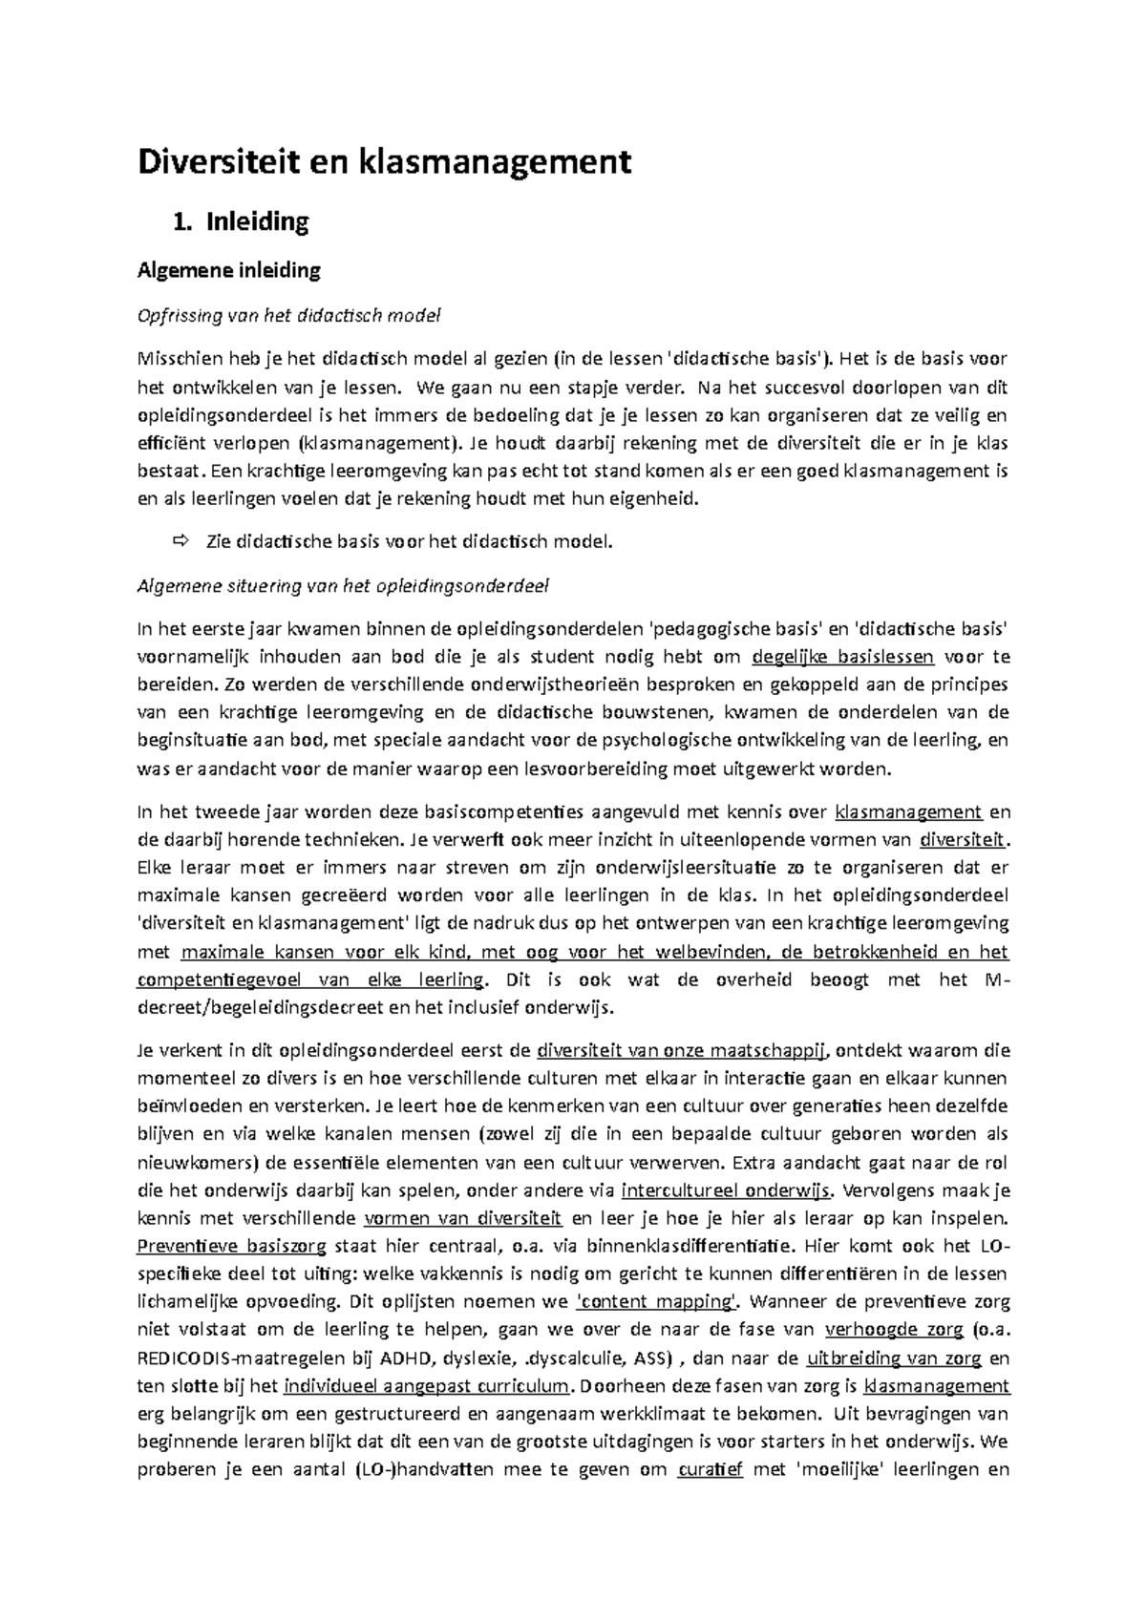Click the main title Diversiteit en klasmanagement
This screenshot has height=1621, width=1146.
(384, 162)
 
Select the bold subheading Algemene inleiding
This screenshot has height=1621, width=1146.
(229, 270)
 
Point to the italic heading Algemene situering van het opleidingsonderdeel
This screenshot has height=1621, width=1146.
(344, 586)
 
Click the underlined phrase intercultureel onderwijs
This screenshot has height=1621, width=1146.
(727, 1190)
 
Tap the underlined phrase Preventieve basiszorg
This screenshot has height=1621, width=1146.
(232, 1246)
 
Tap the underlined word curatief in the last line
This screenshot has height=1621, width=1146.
(710, 1469)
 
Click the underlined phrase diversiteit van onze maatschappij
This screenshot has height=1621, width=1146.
(682, 1051)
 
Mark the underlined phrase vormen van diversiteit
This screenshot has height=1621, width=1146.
(464, 1218)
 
